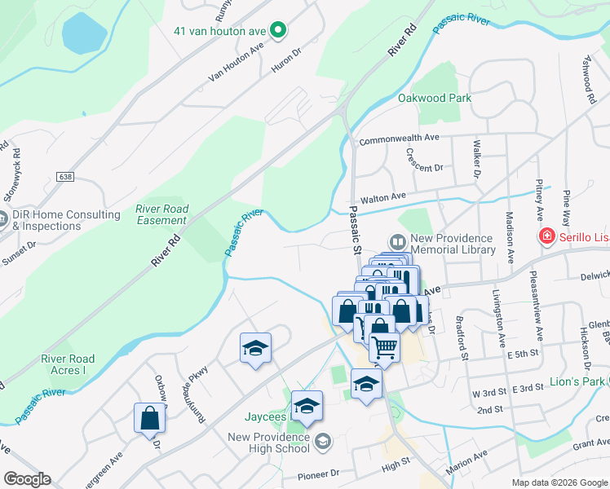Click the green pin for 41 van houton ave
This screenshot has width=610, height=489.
click(278, 31)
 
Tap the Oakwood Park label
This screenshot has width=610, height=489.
click(435, 98)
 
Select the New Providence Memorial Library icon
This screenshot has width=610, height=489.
click(397, 242)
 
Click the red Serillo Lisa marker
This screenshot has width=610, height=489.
click(548, 236)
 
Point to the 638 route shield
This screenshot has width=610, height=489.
click(65, 176)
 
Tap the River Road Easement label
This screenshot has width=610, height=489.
click(161, 215)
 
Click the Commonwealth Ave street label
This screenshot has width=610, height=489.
click(400, 139)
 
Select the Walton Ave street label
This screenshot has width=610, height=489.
click(383, 197)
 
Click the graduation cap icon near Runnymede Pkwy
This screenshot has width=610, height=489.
click(255, 349)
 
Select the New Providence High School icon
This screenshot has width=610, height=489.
click(324, 441)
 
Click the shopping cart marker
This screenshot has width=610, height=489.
click(385, 346)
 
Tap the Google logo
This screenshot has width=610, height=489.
click(27, 479)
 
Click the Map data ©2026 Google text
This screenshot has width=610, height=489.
click(559, 482)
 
